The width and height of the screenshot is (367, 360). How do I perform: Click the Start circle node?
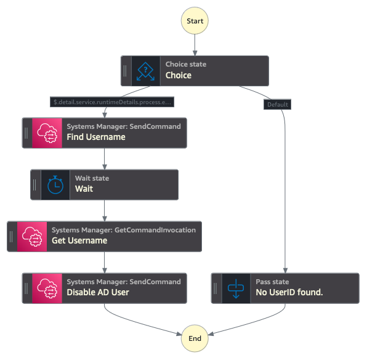coord(195,20)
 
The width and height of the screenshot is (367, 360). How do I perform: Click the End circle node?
coord(195,338)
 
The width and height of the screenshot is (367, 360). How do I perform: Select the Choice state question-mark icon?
coord(145,71)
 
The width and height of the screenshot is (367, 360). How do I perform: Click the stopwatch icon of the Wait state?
coord(55,185)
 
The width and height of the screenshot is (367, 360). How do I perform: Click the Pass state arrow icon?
coord(236,288)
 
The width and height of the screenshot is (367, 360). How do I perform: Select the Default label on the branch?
coord(277,104)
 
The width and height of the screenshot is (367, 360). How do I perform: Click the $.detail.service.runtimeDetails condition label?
coord(112,102)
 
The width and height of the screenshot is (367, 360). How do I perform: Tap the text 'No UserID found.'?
coord(289,292)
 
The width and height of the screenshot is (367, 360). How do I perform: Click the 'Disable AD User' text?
coord(98,292)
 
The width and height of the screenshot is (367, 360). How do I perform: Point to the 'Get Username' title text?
coord(79,240)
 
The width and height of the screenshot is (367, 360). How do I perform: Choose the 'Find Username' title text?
coord(96,137)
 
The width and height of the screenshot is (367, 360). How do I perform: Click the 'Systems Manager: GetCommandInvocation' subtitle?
coord(123,230)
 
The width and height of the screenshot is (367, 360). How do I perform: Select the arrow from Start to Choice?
coord(195,44)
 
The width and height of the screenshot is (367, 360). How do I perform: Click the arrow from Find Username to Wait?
coord(105,158)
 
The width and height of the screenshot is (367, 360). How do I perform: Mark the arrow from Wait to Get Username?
coord(105,210)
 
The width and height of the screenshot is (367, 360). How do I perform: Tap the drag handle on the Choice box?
coord(125,71)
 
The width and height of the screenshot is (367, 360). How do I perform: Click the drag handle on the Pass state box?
coord(216,288)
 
